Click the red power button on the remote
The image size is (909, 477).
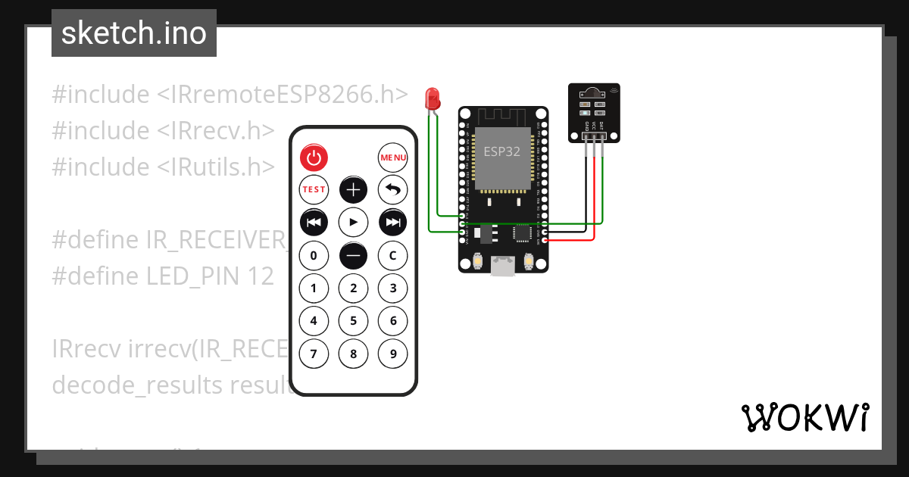tap(314, 157)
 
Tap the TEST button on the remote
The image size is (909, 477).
tap(314, 189)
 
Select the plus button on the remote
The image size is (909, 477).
tap(353, 189)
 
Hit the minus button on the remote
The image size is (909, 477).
tap(353, 255)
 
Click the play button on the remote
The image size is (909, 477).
tap(353, 222)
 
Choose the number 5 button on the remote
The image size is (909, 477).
tap(353, 320)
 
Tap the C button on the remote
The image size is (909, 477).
tap(392, 255)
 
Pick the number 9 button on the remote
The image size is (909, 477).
tap(392, 353)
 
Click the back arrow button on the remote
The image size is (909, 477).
tap(392, 189)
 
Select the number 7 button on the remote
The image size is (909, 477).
tap(314, 353)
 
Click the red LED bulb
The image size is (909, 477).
tap(433, 98)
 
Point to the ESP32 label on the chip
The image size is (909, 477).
tap(502, 151)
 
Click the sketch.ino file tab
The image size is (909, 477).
tap(134, 33)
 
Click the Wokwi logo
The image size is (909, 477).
tap(804, 417)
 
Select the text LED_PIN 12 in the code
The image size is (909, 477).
tap(210, 276)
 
